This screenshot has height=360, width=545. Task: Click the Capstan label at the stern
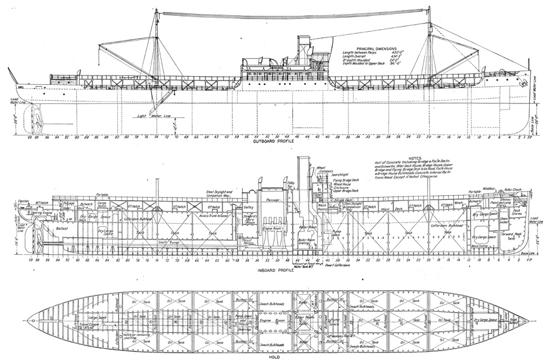[23, 183]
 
